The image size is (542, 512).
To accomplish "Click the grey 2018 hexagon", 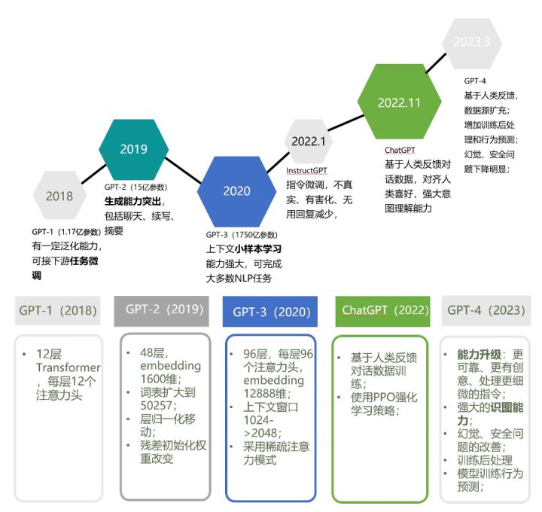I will coord(59,197).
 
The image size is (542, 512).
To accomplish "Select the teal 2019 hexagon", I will coord(133,149).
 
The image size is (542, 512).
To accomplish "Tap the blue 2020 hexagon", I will coord(236,190).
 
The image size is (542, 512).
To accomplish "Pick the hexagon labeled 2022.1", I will coord(308,141).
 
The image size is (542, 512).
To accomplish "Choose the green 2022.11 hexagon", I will coord(399,102).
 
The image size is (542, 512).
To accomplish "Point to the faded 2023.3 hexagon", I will coord(472,41).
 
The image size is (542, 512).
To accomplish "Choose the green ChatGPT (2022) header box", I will coord(380,310).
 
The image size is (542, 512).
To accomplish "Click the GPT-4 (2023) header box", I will coord(486,310).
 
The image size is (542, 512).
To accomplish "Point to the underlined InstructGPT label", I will coord(309,170).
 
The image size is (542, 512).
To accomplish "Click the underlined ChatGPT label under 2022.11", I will coord(400,151).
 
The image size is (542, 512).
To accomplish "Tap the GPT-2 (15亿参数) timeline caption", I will coord(135,187).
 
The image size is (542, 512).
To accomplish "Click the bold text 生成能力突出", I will coord(134,201).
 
